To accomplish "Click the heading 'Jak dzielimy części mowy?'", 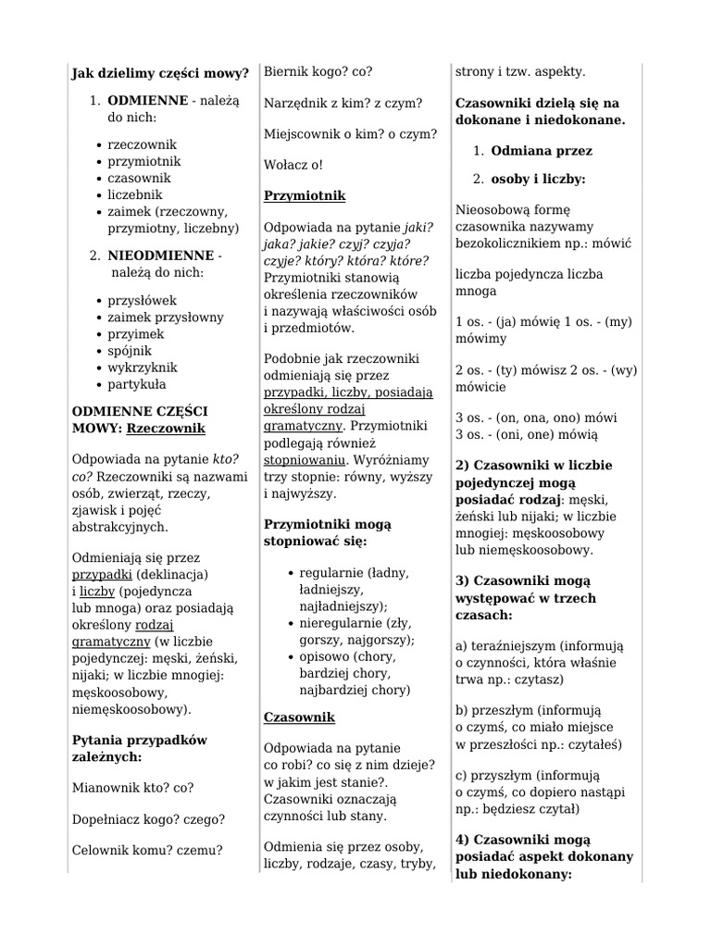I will coord(160,73).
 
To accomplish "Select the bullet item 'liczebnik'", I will coord(134,194).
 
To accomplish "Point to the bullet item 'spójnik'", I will coord(130,351).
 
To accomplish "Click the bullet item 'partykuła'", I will coord(137,384).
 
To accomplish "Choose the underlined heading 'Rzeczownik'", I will coord(166,429).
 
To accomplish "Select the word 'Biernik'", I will coord(284,71).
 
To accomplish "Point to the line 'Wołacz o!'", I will coord(293,165).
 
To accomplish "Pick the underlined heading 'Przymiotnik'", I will coord(305,196).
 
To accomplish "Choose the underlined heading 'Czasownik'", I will coord(299,717).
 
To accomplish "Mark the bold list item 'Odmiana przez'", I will coord(542,151).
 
